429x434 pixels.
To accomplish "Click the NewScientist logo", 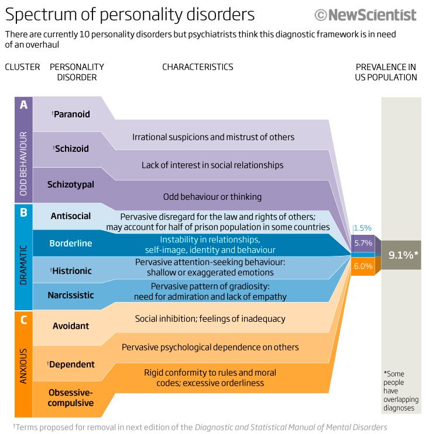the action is click(x=365, y=15).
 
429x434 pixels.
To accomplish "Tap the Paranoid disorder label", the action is click(x=71, y=114).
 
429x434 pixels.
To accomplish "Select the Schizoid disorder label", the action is click(x=71, y=148).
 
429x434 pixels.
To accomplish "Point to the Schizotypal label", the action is click(x=71, y=185).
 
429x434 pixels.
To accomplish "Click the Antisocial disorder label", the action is click(x=71, y=216).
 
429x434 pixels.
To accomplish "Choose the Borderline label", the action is click(x=71, y=244).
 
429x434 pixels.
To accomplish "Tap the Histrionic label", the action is click(x=71, y=270).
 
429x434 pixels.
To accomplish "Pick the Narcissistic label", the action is click(x=71, y=295).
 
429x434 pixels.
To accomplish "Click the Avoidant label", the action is click(x=71, y=326).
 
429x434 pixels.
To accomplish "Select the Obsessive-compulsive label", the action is click(x=71, y=398).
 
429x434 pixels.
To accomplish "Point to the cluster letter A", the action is click(x=23, y=105).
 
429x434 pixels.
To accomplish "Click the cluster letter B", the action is click(x=23, y=212).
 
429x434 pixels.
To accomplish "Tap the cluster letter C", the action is click(x=23, y=320).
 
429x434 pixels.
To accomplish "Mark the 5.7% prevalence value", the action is click(x=363, y=243).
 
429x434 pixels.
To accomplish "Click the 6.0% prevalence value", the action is click(x=363, y=266).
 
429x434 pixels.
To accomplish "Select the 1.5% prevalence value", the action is click(x=362, y=228).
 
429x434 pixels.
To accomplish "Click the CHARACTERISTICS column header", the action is click(x=198, y=67).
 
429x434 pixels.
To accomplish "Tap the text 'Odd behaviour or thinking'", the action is click(x=212, y=197).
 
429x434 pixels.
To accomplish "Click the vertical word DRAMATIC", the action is click(x=23, y=265).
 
